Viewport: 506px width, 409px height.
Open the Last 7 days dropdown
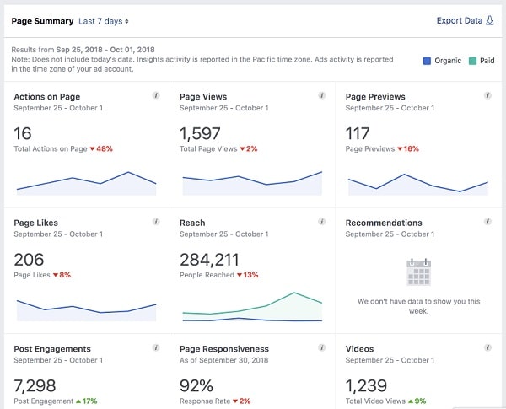pos(104,21)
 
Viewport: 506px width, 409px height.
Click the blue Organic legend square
pos(427,61)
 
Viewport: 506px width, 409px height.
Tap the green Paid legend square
pos(472,61)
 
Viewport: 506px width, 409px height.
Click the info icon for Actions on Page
pos(156,95)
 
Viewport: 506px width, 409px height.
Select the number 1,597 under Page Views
pos(200,133)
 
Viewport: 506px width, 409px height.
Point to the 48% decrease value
pos(105,148)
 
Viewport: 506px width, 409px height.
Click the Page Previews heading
pos(375,97)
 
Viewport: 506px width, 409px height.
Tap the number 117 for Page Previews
pos(358,133)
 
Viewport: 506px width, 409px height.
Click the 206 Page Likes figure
pos(29,260)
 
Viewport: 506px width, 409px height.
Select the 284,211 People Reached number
pos(209,260)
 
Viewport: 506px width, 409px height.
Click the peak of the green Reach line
pos(294,293)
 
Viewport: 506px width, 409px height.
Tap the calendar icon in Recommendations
pos(418,272)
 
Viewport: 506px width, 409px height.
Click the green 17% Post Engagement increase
pos(89,401)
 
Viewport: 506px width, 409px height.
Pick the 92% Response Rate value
pos(196,385)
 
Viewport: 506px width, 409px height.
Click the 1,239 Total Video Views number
pos(366,385)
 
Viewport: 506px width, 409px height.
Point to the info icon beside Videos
pos(487,347)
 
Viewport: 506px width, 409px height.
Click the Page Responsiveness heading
pos(224,349)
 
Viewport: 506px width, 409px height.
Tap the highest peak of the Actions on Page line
pos(128,172)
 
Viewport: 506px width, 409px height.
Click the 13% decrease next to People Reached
pos(250,275)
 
